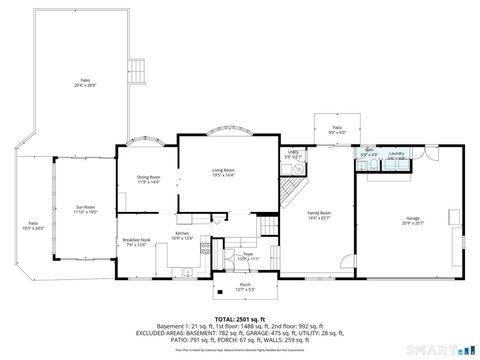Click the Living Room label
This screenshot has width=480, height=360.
point(222,173)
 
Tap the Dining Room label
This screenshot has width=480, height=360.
point(148,180)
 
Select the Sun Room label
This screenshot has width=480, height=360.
point(85,210)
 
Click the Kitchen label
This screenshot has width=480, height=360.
point(183,235)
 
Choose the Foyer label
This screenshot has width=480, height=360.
point(245,257)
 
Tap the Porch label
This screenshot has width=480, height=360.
point(245,287)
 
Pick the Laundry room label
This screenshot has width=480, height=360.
point(395,154)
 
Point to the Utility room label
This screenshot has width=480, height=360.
point(292,155)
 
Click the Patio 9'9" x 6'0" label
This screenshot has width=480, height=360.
point(337,130)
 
